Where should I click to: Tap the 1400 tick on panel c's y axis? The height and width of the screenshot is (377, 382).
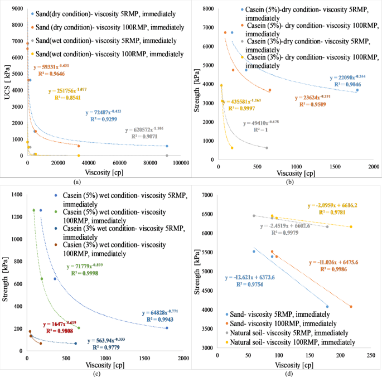point(17,195)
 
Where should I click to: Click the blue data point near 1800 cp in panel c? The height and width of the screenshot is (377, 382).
point(167,328)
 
